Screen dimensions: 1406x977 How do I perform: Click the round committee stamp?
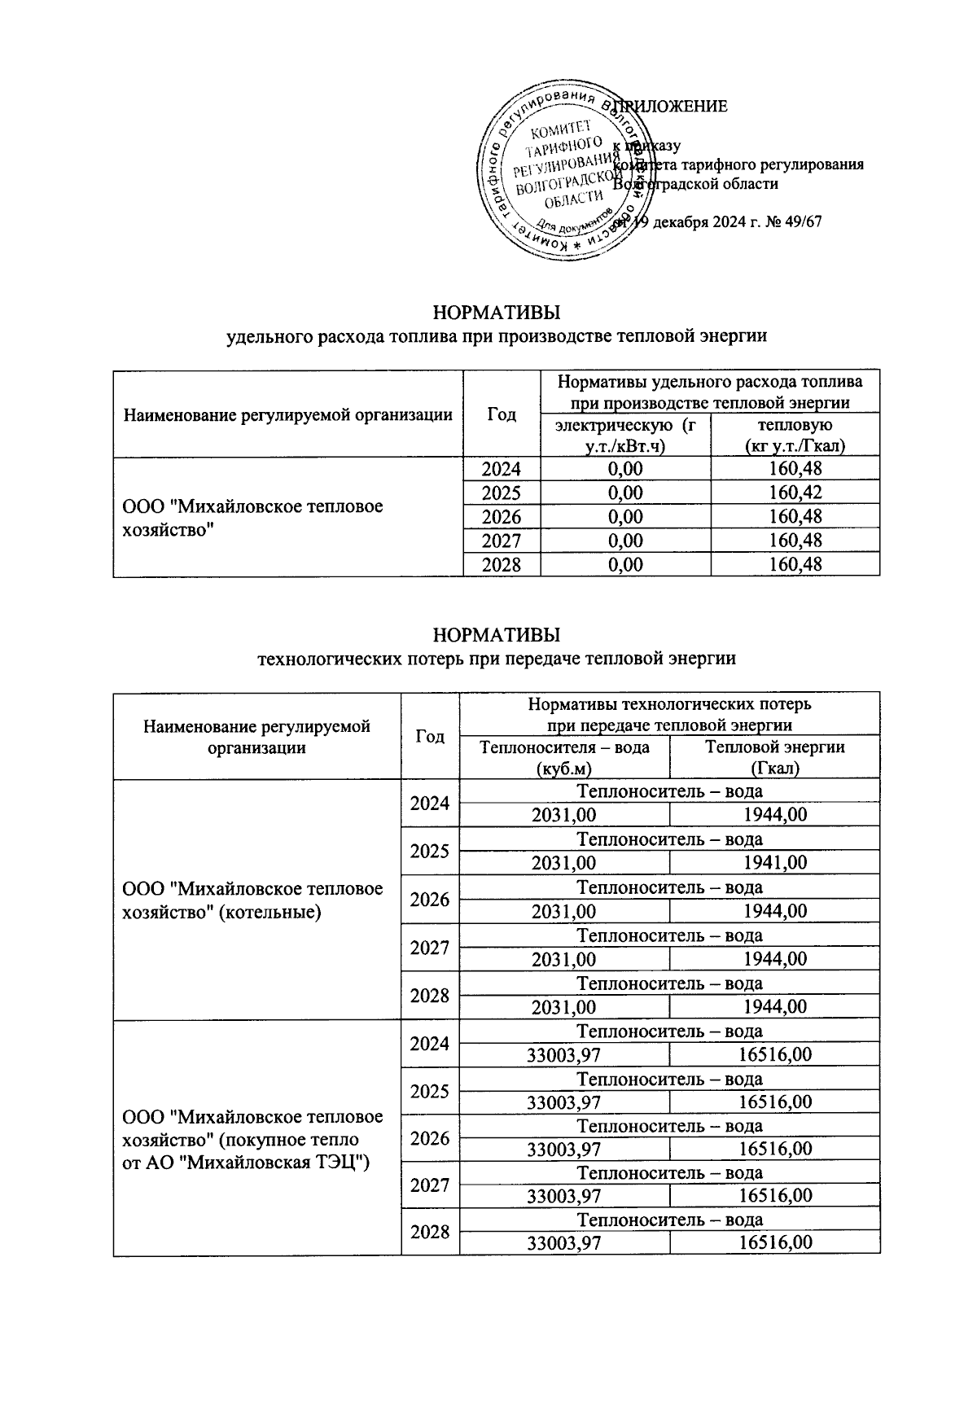(562, 173)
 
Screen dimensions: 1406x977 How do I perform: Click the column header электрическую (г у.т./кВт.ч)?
(624, 436)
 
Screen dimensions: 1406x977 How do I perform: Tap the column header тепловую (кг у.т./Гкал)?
(795, 436)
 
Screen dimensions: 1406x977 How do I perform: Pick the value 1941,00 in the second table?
(774, 863)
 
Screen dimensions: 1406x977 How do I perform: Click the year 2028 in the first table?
(501, 565)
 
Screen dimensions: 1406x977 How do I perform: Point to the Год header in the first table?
(502, 414)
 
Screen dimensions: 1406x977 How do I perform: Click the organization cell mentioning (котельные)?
(252, 900)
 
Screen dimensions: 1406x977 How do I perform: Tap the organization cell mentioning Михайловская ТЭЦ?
(252, 1139)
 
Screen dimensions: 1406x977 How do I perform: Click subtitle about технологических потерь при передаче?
(496, 659)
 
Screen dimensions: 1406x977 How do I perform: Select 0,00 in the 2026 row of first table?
(624, 517)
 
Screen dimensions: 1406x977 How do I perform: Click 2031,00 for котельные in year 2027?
(563, 960)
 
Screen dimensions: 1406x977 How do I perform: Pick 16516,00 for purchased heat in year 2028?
(774, 1242)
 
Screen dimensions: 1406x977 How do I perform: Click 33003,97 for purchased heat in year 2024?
(563, 1055)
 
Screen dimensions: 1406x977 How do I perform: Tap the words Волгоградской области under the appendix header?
(696, 184)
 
